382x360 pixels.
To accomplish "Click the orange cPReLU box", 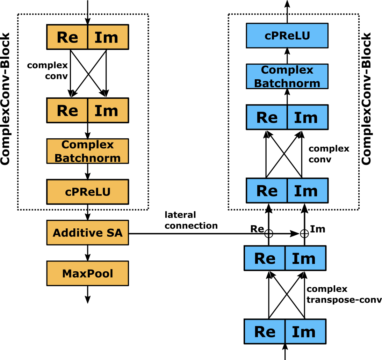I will click(x=88, y=192).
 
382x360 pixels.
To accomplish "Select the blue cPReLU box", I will click(x=287, y=36).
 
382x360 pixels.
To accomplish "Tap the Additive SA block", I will click(x=88, y=233).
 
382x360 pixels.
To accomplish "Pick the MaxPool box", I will click(x=88, y=273).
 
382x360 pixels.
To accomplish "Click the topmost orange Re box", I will click(x=67, y=37).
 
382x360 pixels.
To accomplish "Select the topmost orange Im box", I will click(x=108, y=37).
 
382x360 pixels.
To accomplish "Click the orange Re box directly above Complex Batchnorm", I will click(x=67, y=110).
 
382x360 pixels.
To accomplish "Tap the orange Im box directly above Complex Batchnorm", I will click(x=108, y=110).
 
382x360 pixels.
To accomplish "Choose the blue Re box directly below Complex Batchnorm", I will click(x=267, y=117).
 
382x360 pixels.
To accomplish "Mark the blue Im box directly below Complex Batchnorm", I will click(x=307, y=117).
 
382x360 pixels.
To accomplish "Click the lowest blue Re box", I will click(x=265, y=331).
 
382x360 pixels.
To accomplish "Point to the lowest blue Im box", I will click(x=305, y=331).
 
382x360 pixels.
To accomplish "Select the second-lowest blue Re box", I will click(x=265, y=258).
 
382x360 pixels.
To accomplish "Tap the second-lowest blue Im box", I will click(x=305, y=258).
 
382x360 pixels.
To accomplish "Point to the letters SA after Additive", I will click(x=115, y=233).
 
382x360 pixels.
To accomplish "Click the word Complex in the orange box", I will click(x=87, y=145).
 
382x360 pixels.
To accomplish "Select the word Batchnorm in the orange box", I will click(x=87, y=158).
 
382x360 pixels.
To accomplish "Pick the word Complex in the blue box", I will click(x=287, y=70).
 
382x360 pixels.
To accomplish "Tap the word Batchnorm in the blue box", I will click(x=287, y=83).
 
